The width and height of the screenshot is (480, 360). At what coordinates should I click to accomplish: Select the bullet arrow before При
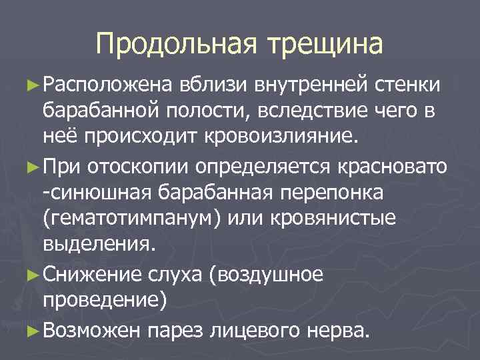[35, 163]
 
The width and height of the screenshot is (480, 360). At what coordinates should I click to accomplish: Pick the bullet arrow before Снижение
[35, 274]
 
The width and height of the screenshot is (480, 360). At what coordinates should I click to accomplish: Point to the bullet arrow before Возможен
[35, 329]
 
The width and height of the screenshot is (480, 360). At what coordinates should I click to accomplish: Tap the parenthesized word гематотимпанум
[127, 219]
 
